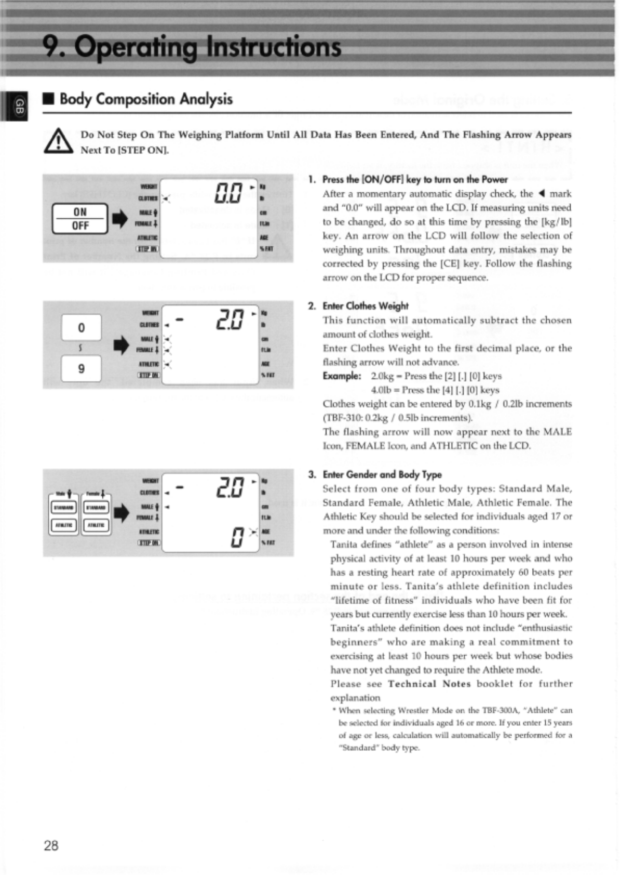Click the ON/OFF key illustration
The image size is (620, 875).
[x=80, y=219]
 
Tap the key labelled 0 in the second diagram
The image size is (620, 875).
[x=81, y=327]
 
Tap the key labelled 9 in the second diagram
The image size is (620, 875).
[x=81, y=369]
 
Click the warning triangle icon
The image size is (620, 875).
[x=58, y=142]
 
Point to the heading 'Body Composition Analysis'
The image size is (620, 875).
[x=146, y=99]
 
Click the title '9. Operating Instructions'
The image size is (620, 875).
[x=192, y=47]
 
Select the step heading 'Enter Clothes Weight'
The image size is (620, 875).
[x=366, y=306]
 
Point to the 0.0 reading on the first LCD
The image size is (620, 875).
[x=228, y=193]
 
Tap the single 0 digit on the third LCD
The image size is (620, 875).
[x=237, y=537]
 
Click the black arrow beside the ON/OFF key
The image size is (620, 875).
[x=120, y=219]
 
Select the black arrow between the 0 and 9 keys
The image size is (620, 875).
[x=121, y=345]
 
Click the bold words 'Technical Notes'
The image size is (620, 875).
[x=429, y=684]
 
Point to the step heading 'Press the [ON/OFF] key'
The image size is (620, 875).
[x=415, y=179]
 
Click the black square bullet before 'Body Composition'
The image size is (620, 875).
[x=48, y=99]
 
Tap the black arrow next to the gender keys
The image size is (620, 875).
[x=121, y=513]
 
